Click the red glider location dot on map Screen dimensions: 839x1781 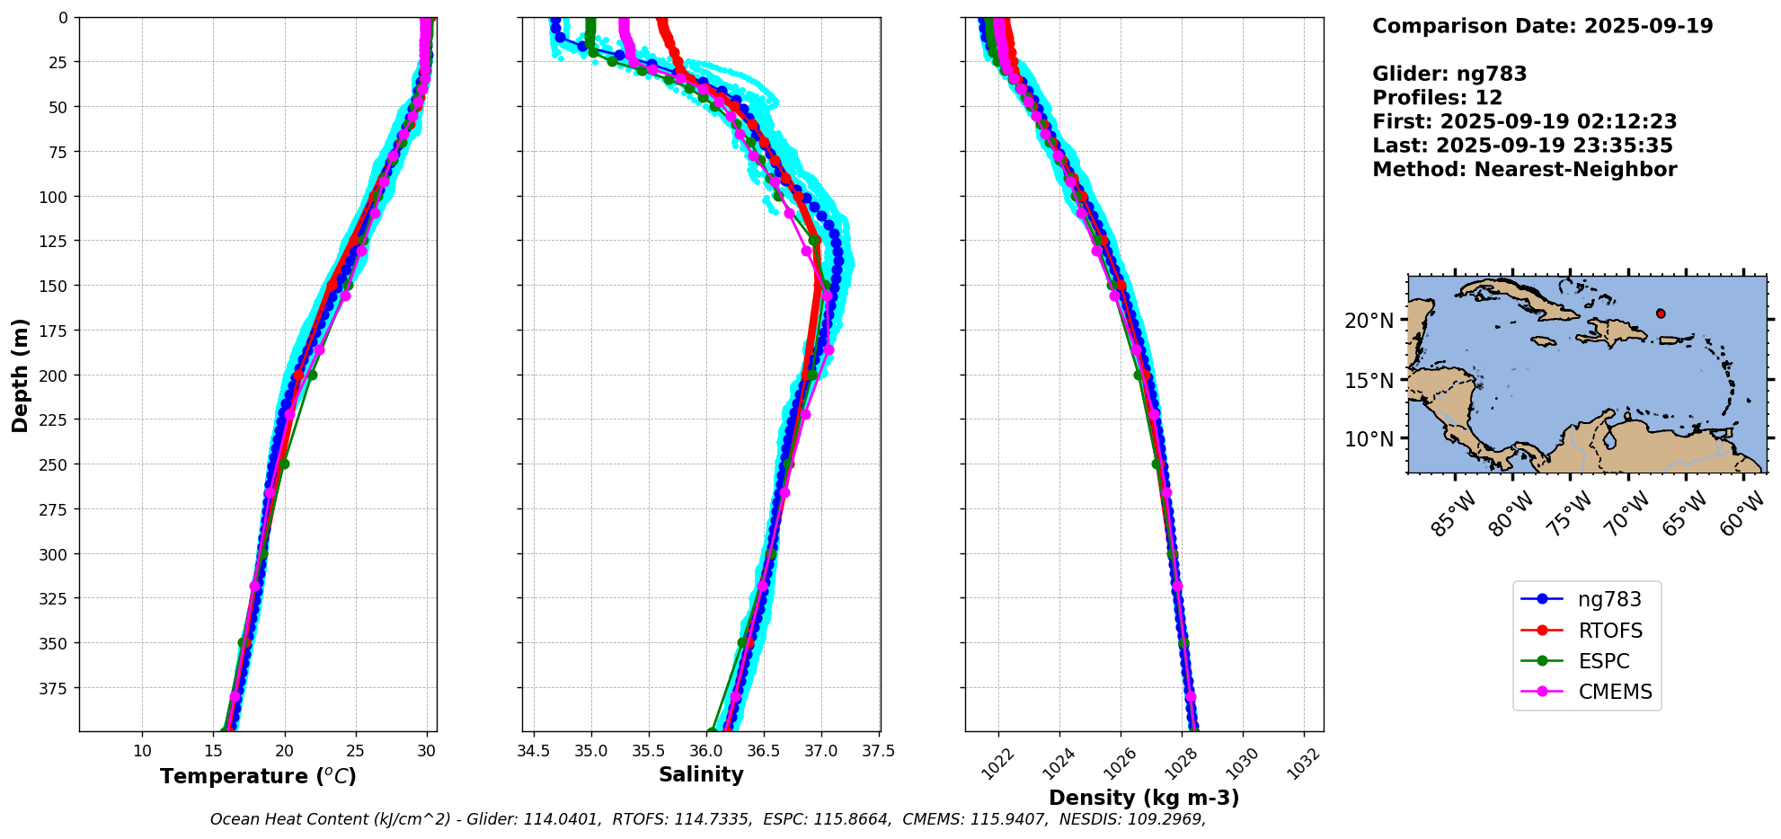click(1661, 314)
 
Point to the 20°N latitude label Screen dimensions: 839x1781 click(1369, 321)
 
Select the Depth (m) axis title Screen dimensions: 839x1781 click(21, 375)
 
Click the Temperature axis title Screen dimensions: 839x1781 click(258, 776)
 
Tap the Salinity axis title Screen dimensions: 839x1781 click(701, 774)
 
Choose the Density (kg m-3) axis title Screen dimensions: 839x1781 click(1144, 798)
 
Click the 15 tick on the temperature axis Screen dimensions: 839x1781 click(214, 750)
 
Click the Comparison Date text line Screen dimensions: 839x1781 click(1542, 26)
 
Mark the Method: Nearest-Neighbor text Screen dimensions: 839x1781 click(1524, 170)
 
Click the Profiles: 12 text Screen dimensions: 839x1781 click(1437, 98)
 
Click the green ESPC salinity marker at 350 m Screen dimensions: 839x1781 click(742, 643)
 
